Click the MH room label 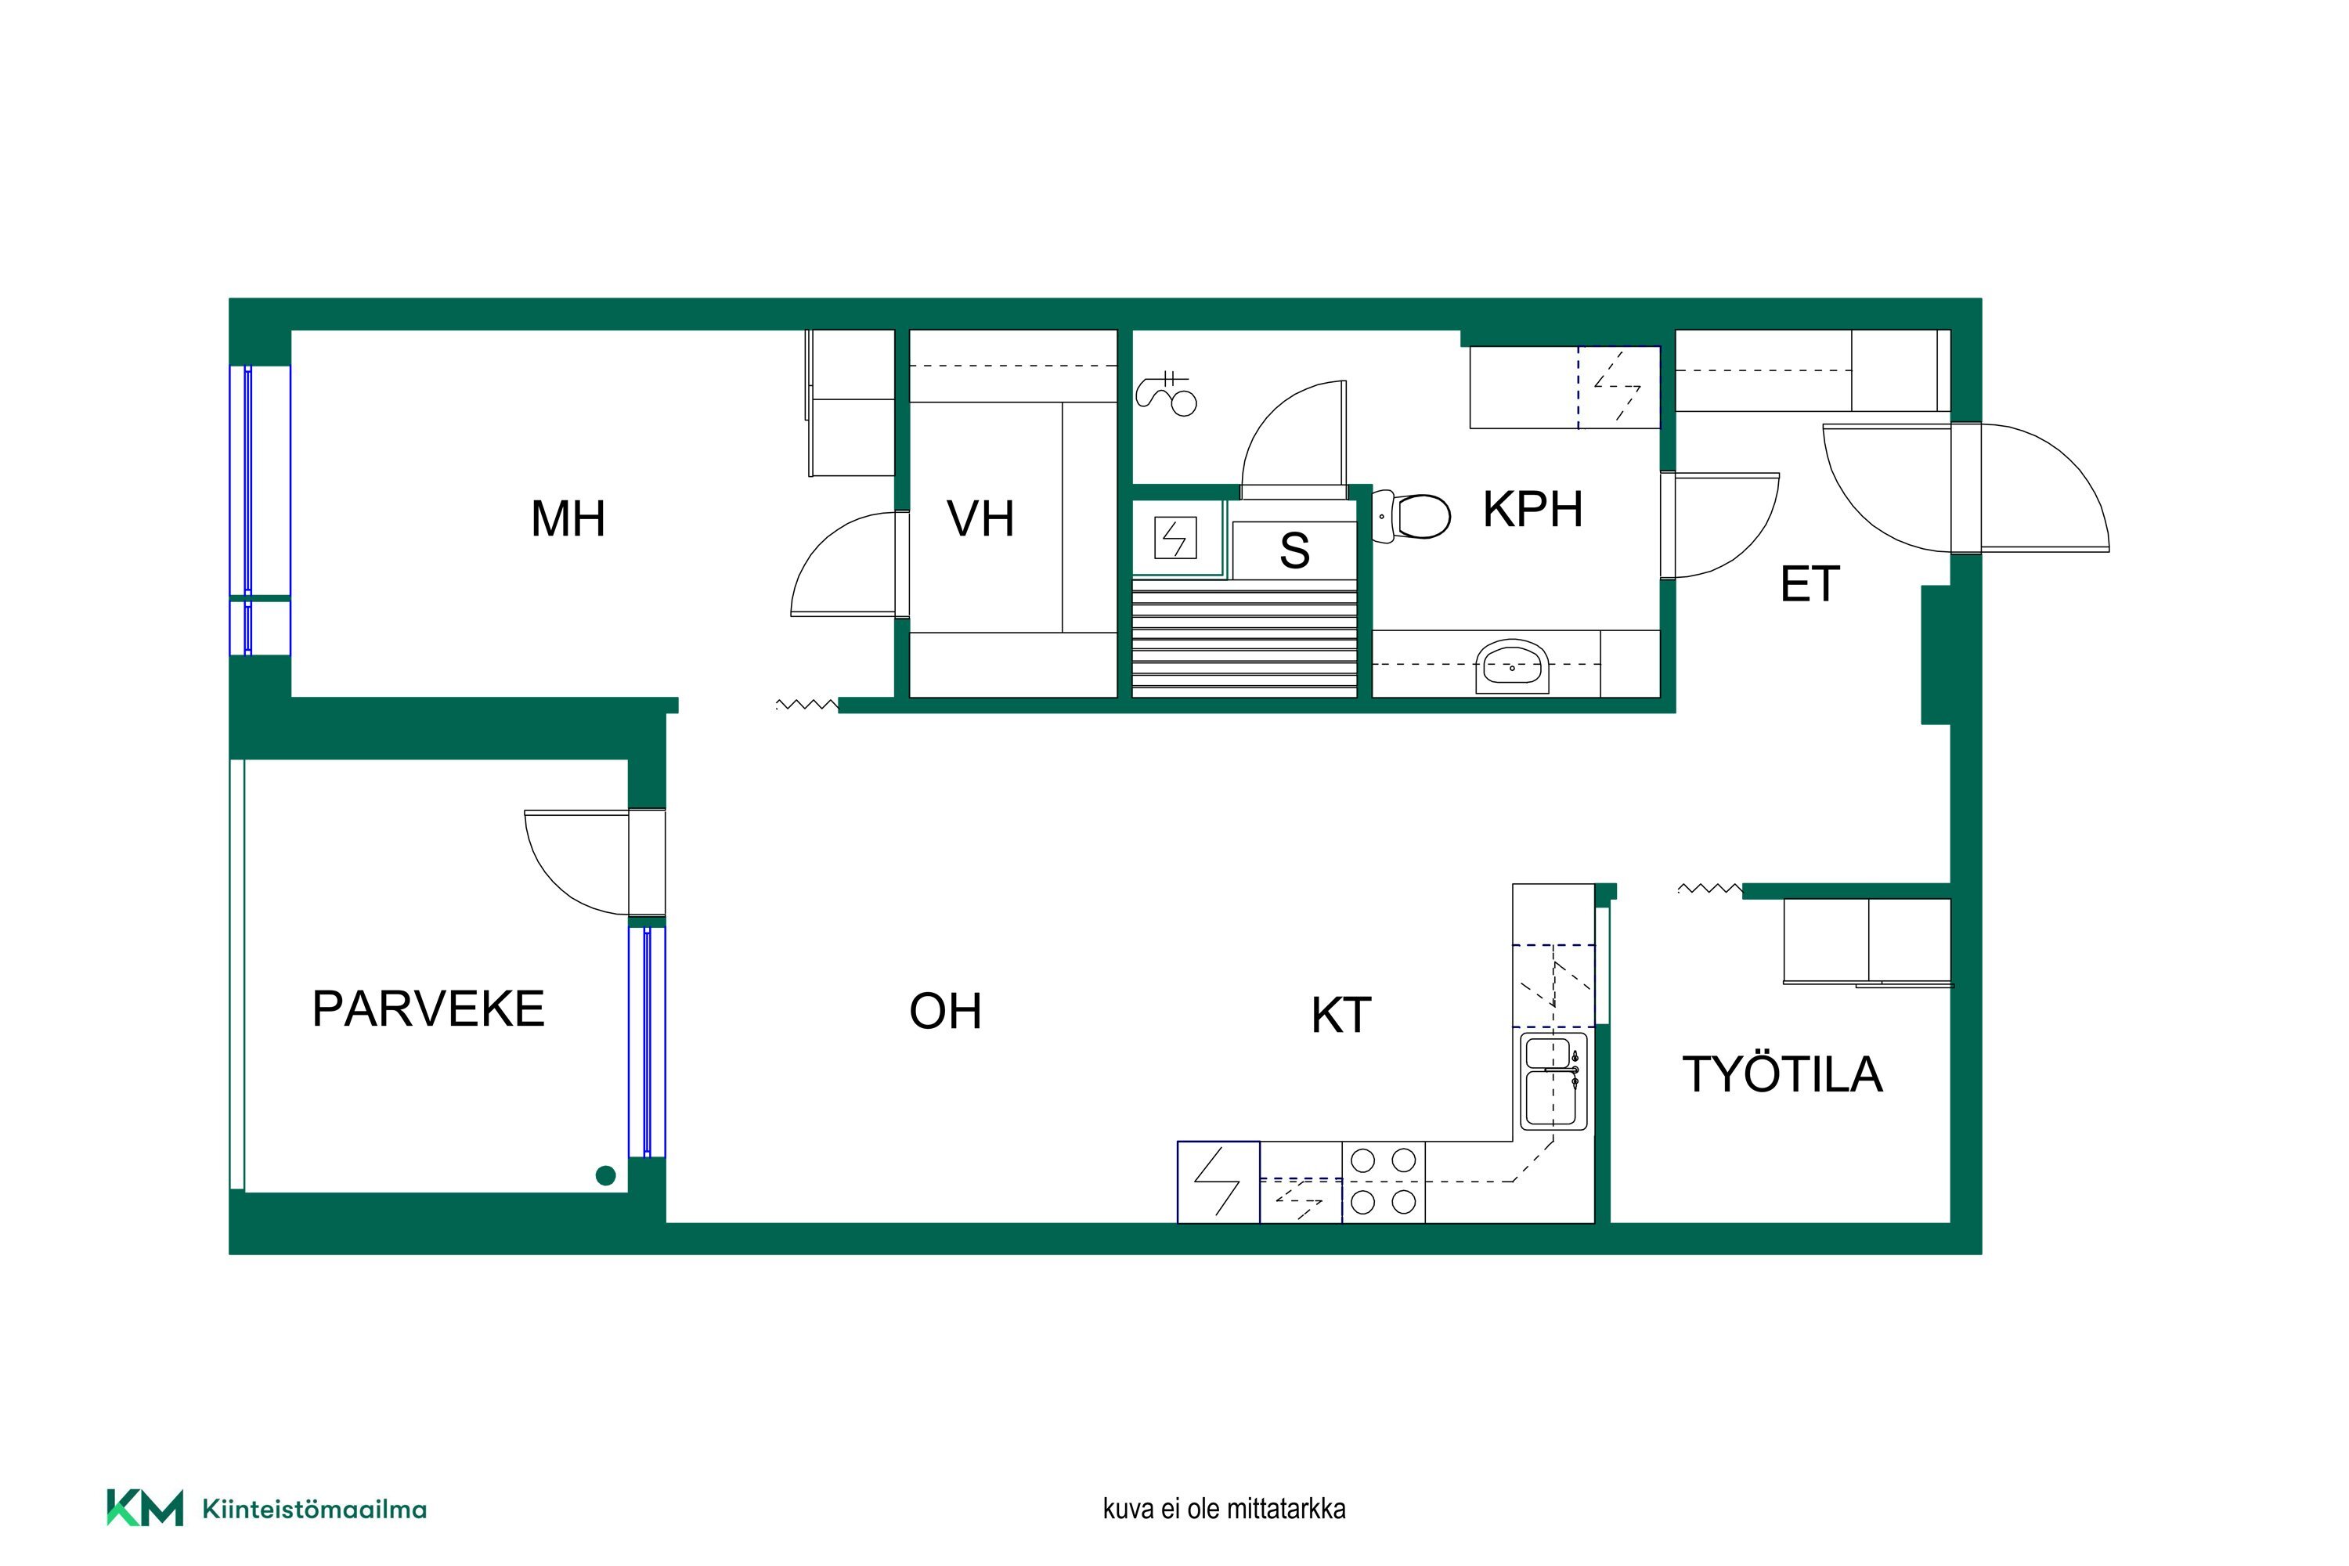(x=568, y=519)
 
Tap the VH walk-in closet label (x=981, y=519)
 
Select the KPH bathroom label (x=1533, y=510)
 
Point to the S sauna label (x=1294, y=550)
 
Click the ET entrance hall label (x=1810, y=584)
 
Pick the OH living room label (x=946, y=1012)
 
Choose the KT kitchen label (x=1341, y=1016)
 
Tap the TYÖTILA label (x=1783, y=1074)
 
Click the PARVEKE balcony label (x=428, y=1009)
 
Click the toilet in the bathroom (x=1413, y=516)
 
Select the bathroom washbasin (x=1512, y=666)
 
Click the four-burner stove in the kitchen (x=1384, y=1182)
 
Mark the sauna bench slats (x=1244, y=640)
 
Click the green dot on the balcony (x=605, y=1175)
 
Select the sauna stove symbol (x=1175, y=537)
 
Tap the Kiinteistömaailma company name (x=315, y=1509)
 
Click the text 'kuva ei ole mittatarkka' (x=1225, y=1508)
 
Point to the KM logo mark (x=145, y=1508)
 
